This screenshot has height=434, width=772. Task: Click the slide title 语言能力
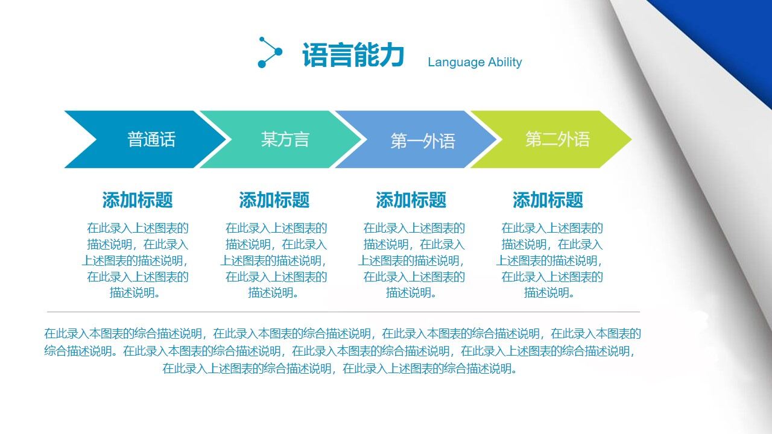(x=353, y=55)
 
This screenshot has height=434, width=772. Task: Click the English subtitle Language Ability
(x=475, y=62)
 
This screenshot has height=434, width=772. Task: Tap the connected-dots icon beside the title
(x=270, y=52)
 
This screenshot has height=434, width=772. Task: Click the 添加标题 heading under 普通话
(x=138, y=200)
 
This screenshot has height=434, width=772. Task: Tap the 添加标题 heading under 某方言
(x=274, y=200)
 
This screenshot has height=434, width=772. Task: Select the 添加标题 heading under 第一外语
(x=411, y=200)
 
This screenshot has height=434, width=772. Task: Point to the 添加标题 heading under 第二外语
(x=548, y=200)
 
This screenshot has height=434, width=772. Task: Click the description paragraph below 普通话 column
(x=137, y=260)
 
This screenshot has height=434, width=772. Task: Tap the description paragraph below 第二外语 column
(x=550, y=260)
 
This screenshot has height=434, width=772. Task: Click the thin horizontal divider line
(x=343, y=312)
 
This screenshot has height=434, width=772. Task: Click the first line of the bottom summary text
(x=343, y=333)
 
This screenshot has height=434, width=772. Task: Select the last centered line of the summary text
(x=340, y=369)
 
